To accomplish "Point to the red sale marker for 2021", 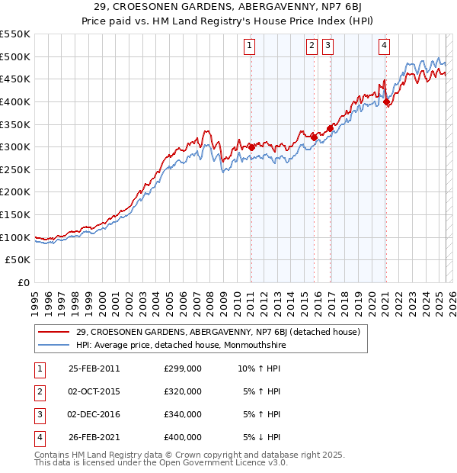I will tap(386, 101).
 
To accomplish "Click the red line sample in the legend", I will tap(54, 332).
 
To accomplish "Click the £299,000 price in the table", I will tap(183, 368).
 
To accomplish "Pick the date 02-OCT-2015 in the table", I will tap(94, 391).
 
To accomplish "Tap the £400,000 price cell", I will tap(183, 437).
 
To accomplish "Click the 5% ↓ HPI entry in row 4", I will tap(262, 437).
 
